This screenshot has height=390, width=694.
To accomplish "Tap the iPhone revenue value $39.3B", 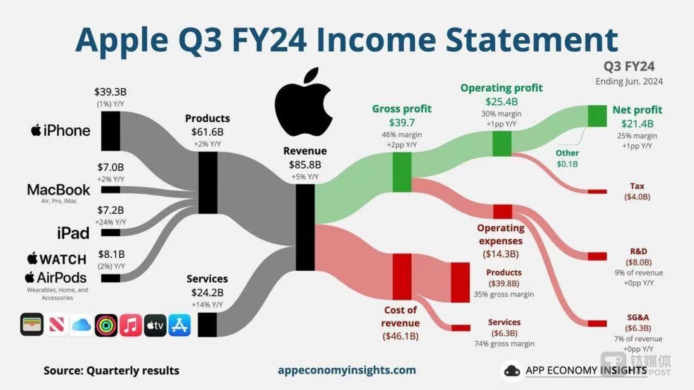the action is pos(110,92).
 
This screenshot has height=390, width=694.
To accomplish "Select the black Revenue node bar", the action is pos(305,227).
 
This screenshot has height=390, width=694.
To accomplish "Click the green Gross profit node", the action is pos(402,172).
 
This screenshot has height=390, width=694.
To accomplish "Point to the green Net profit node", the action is pos(598,116).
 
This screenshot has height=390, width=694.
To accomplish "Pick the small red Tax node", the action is pos(598,192).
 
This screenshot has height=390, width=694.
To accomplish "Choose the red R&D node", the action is pos(598,256).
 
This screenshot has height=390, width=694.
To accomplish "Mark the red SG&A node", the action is pos(598,323).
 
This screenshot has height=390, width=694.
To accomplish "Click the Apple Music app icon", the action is pos(131,325).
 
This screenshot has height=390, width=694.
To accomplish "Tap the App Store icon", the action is pos(180,325).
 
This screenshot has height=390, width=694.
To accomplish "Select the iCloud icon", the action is pos(81,325).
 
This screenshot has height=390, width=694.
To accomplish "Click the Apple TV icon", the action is pos(155,325).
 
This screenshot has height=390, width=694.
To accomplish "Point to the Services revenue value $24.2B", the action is pos(207,292).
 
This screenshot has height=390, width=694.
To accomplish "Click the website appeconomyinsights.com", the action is pos(347,370).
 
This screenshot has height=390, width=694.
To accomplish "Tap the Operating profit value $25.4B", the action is pos(501,101).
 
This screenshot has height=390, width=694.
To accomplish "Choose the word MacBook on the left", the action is pos(58,190).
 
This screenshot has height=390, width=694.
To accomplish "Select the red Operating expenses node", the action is pos(503,212).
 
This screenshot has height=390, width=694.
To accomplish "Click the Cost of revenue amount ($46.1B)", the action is pos(400,336).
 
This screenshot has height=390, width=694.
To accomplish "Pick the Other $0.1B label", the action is pos(567,158).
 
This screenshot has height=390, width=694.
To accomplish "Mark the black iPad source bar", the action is pos(110,233).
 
